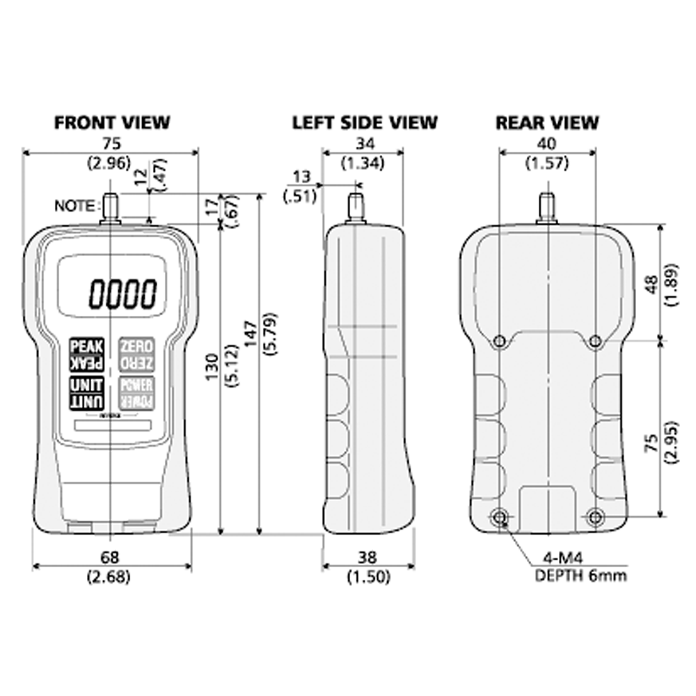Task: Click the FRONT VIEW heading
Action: tap(111, 122)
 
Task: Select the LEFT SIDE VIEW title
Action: tap(364, 122)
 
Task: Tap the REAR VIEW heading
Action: tap(546, 122)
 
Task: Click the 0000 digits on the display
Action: tap(122, 293)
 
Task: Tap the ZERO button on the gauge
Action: tap(136, 354)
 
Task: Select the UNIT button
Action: tap(86, 393)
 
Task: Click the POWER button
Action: tap(136, 393)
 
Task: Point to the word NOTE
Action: tap(75, 205)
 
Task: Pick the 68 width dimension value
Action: tap(110, 557)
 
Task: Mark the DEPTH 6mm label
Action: tap(580, 576)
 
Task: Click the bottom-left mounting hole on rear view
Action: tap(499, 517)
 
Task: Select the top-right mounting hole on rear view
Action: tap(595, 341)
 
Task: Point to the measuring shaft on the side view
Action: tap(356, 206)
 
